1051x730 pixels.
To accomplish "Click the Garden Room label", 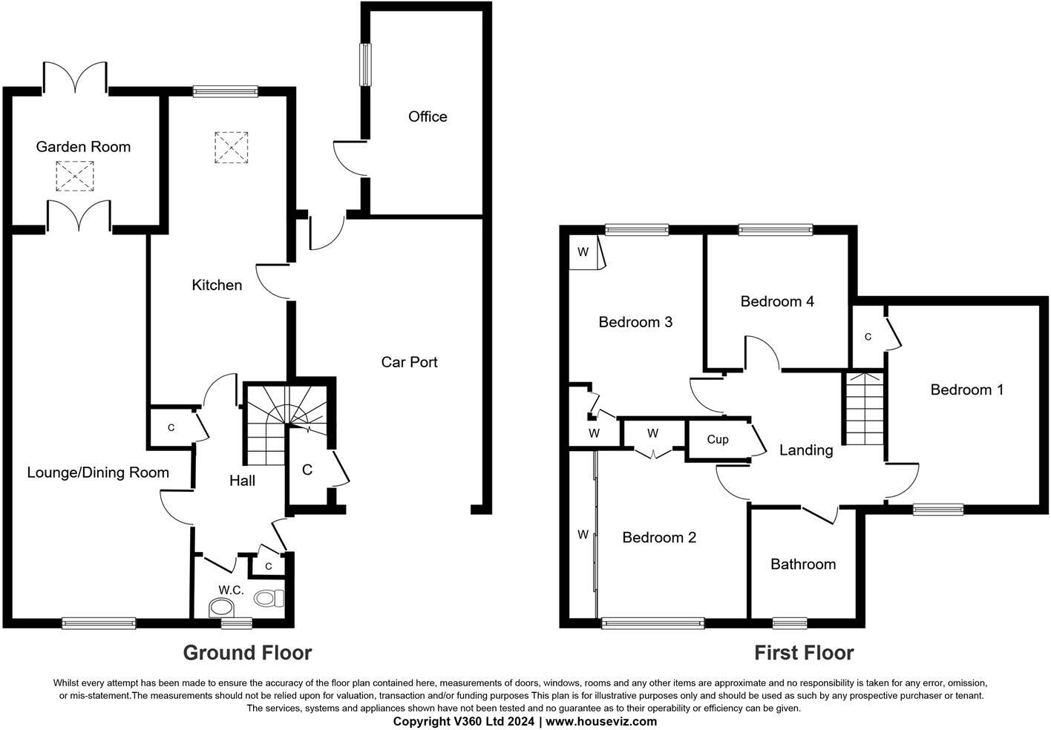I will point(83,147).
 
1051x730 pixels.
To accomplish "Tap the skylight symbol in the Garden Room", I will point(75,176).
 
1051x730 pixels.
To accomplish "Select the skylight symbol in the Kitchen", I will point(231,147).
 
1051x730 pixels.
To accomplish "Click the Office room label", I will point(428,116).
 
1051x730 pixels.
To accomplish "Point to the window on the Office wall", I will point(365,65).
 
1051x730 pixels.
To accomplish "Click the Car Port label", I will point(409,362).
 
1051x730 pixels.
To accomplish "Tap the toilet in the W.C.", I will point(268,597).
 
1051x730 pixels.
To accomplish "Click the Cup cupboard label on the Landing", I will point(717,439).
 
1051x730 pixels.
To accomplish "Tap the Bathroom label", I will point(802,565).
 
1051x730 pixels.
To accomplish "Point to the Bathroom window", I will point(790,623).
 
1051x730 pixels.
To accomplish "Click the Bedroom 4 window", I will point(775,230).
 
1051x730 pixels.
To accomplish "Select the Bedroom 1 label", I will point(966,389).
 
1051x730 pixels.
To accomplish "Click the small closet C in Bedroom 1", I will point(867,337).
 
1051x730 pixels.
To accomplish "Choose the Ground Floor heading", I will point(247,653).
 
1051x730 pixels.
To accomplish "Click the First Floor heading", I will point(804,653).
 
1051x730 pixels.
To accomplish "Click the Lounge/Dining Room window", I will point(99,623).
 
